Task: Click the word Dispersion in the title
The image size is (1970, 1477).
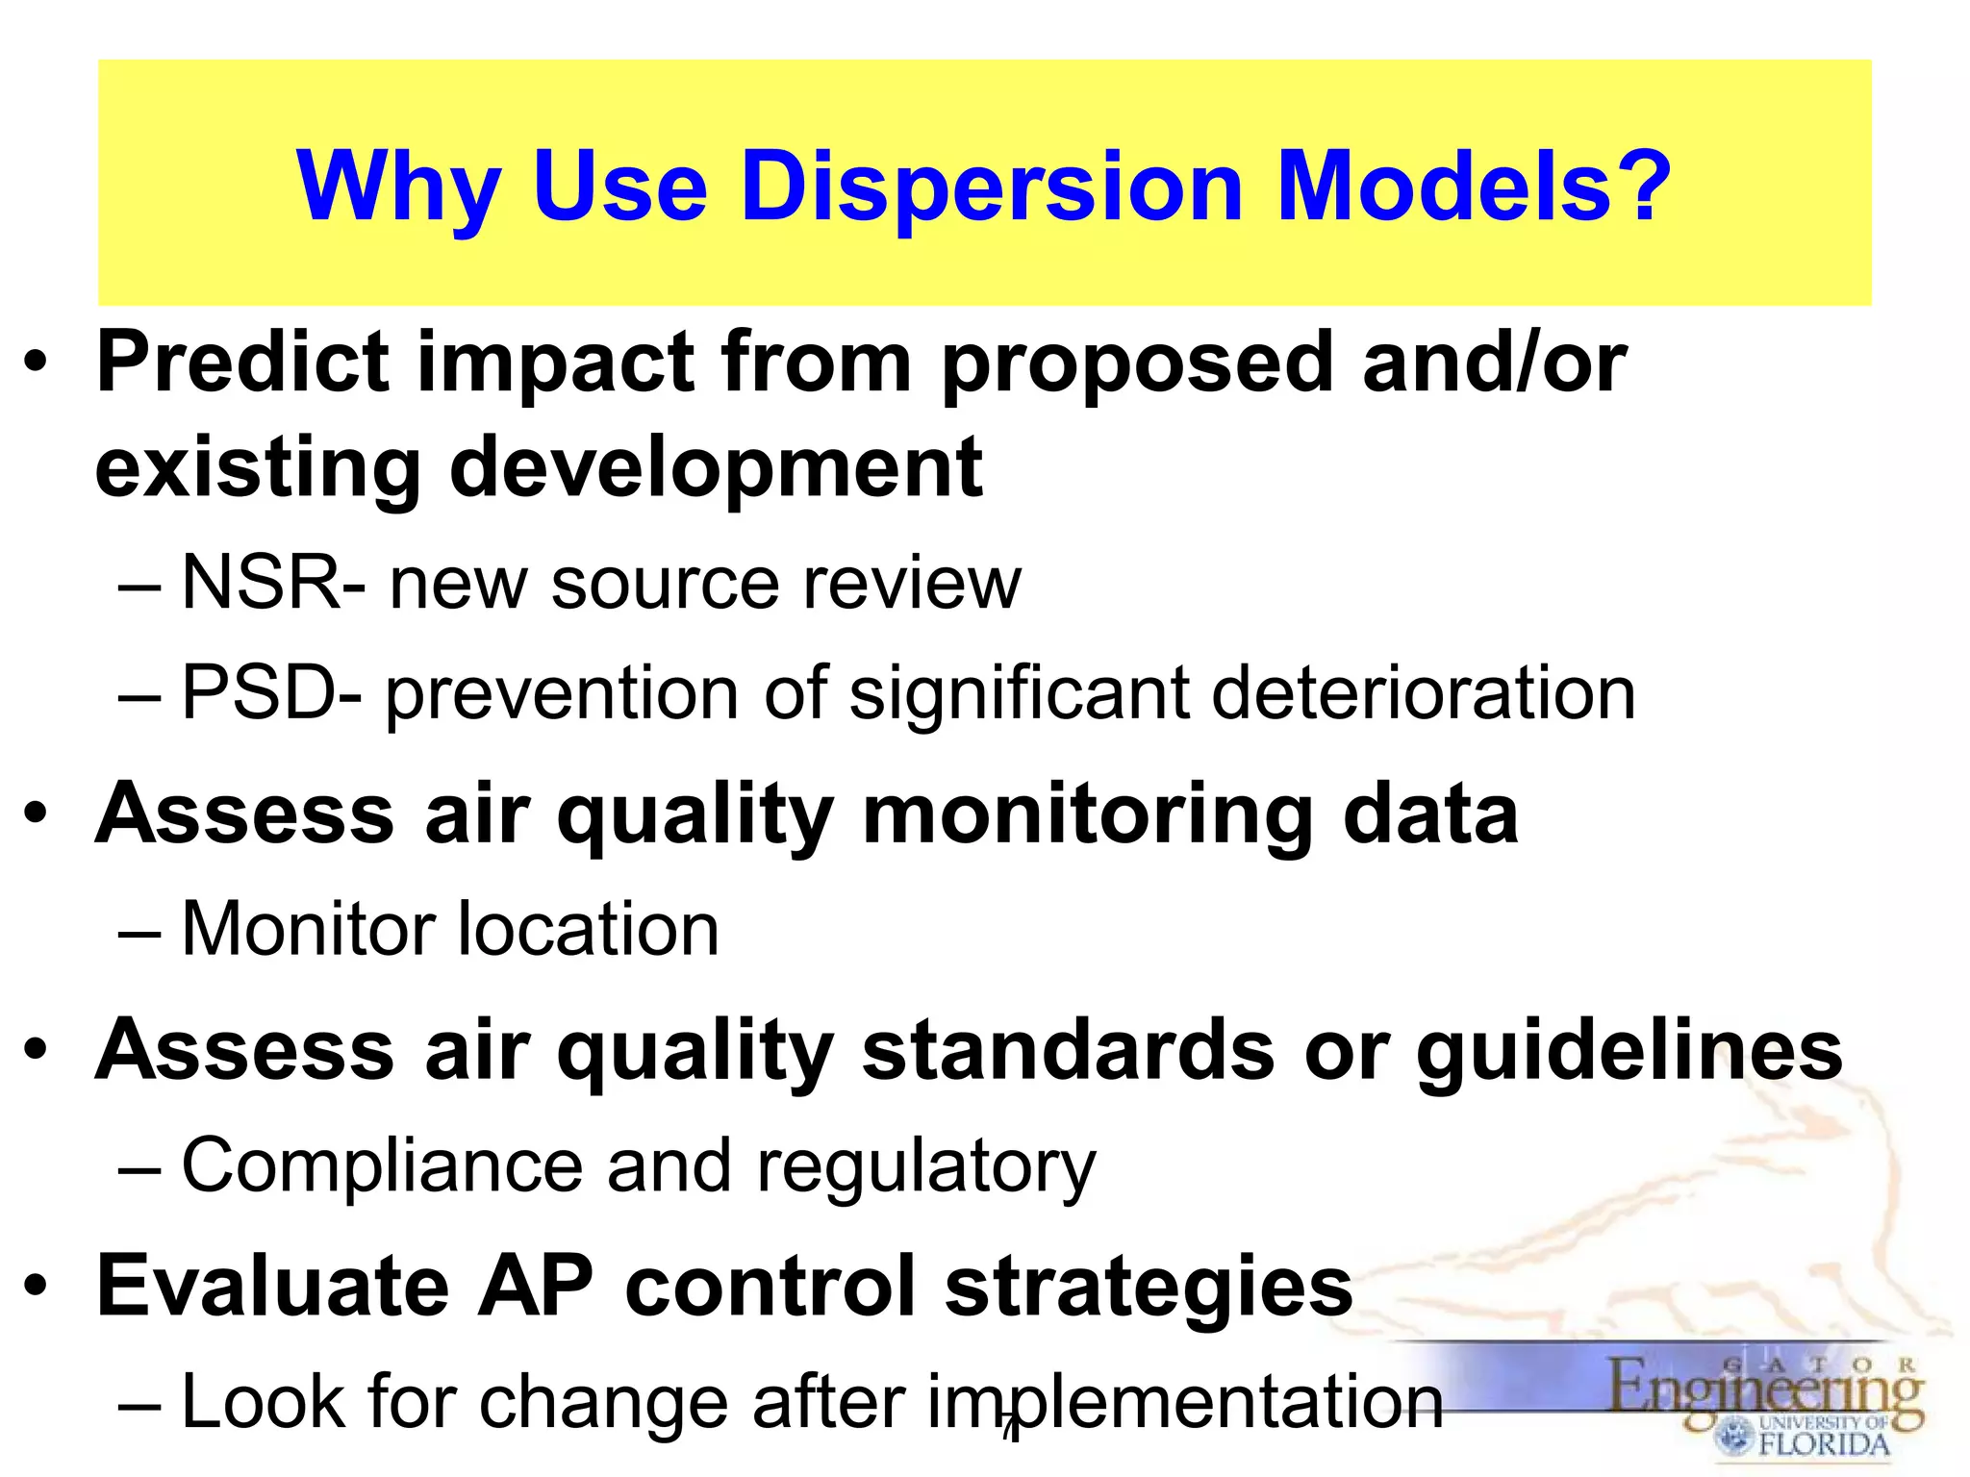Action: [x=994, y=188]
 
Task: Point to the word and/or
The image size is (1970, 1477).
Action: [x=1494, y=363]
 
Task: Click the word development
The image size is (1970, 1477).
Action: [x=716, y=470]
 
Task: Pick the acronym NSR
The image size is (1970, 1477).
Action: [x=261, y=582]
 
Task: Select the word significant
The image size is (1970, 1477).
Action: [x=1019, y=694]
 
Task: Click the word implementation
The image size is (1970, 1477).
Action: [x=1185, y=1403]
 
